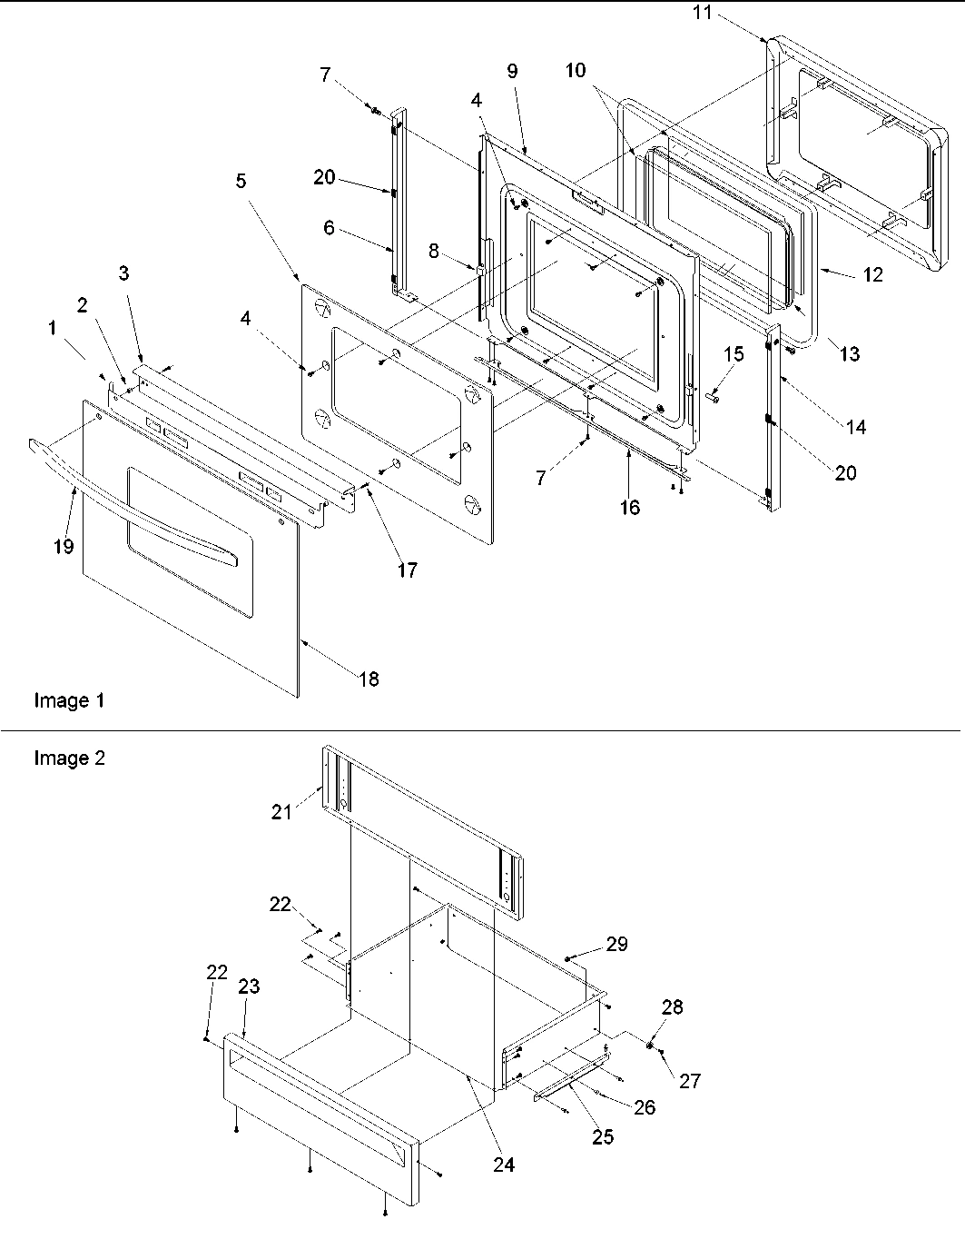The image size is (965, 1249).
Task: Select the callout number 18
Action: pyautogui.click(x=369, y=679)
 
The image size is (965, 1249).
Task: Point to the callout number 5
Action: pyautogui.click(x=241, y=181)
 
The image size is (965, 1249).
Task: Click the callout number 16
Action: pyautogui.click(x=629, y=508)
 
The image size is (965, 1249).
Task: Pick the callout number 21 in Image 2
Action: pyautogui.click(x=281, y=811)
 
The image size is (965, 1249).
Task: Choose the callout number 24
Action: pyautogui.click(x=504, y=1165)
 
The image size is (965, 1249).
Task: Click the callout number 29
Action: pyautogui.click(x=616, y=945)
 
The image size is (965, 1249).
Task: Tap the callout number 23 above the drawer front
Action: pyautogui.click(x=249, y=986)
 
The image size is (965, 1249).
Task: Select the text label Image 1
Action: pyautogui.click(x=69, y=700)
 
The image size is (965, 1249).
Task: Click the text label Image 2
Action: pyautogui.click(x=69, y=758)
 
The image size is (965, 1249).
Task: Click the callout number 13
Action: pyautogui.click(x=849, y=354)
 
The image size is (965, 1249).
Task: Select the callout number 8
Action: pyautogui.click(x=434, y=252)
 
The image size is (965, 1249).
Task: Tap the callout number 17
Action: pyautogui.click(x=407, y=570)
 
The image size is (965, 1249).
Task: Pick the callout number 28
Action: pyautogui.click(x=673, y=1007)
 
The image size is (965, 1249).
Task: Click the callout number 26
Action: pyautogui.click(x=645, y=1107)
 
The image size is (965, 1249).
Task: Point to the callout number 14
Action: pyautogui.click(x=855, y=426)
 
